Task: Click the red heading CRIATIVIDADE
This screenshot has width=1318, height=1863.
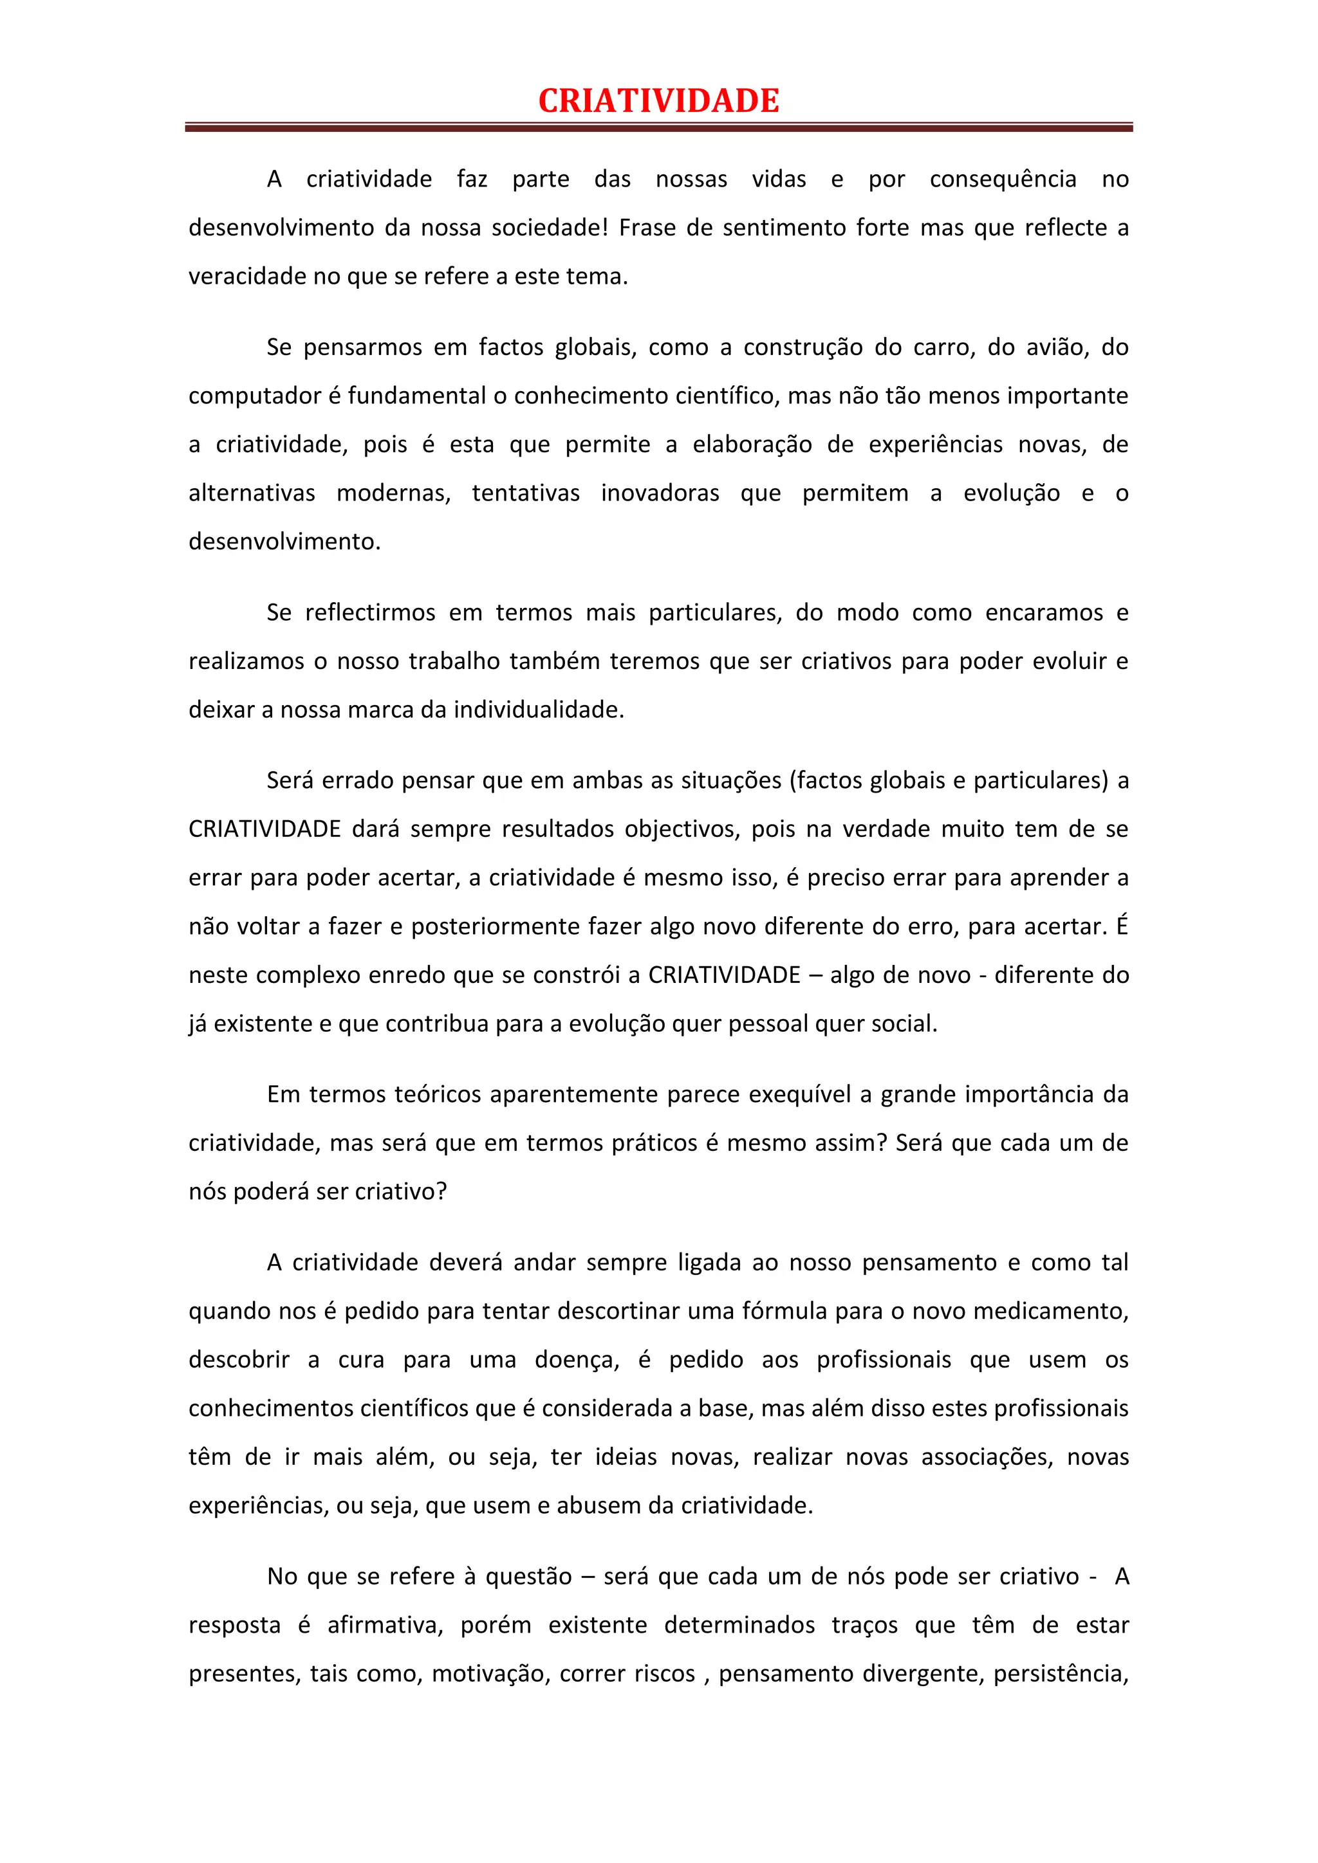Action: (x=658, y=100)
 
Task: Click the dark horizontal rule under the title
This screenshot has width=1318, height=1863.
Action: (x=658, y=127)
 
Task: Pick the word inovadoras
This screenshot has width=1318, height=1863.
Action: (x=660, y=493)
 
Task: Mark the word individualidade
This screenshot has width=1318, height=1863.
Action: (x=538, y=710)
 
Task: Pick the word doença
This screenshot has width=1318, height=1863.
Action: (x=576, y=1360)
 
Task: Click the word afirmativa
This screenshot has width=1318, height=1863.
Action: (x=385, y=1625)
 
